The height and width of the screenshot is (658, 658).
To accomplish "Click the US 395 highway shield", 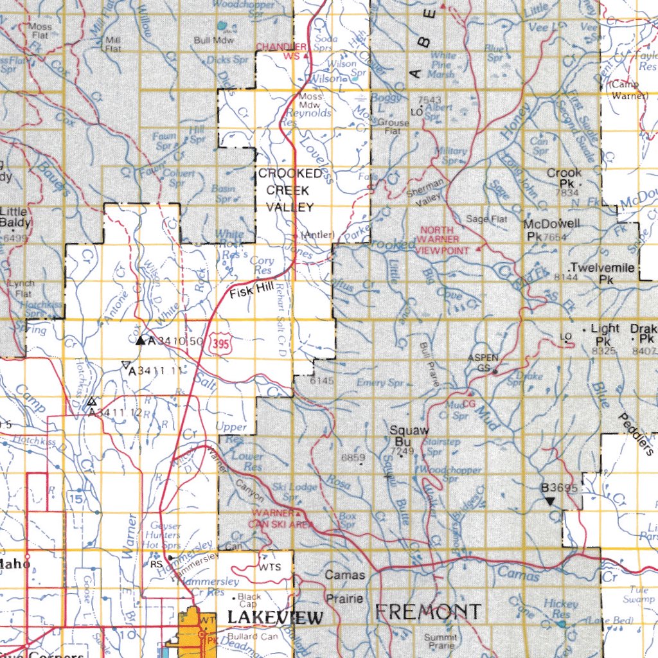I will click(219, 344).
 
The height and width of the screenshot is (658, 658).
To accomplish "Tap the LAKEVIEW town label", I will click(275, 618).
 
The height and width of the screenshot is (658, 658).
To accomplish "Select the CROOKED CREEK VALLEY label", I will click(290, 190).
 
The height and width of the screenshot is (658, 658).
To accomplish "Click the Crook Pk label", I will click(564, 177).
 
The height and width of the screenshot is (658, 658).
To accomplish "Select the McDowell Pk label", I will click(551, 229).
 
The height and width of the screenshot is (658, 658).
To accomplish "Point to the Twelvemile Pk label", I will click(602, 273).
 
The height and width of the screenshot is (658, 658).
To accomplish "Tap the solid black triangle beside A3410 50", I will click(141, 340).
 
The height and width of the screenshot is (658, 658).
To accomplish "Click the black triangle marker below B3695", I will click(550, 500).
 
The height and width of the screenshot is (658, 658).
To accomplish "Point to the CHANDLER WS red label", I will click(281, 51).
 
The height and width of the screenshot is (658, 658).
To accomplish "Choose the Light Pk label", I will click(605, 333).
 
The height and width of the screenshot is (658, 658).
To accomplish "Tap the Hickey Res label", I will click(560, 609).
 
